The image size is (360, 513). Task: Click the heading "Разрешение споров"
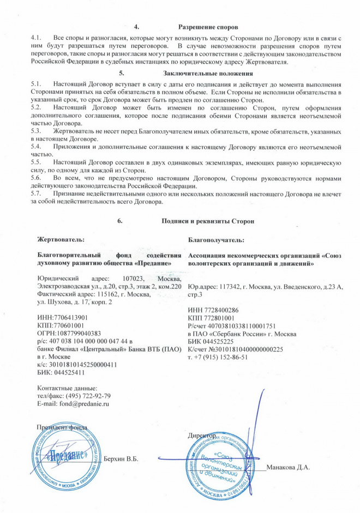pos(209,26)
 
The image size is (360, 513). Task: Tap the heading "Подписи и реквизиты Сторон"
pos(208,221)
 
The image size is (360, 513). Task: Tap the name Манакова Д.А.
pos(289,467)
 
